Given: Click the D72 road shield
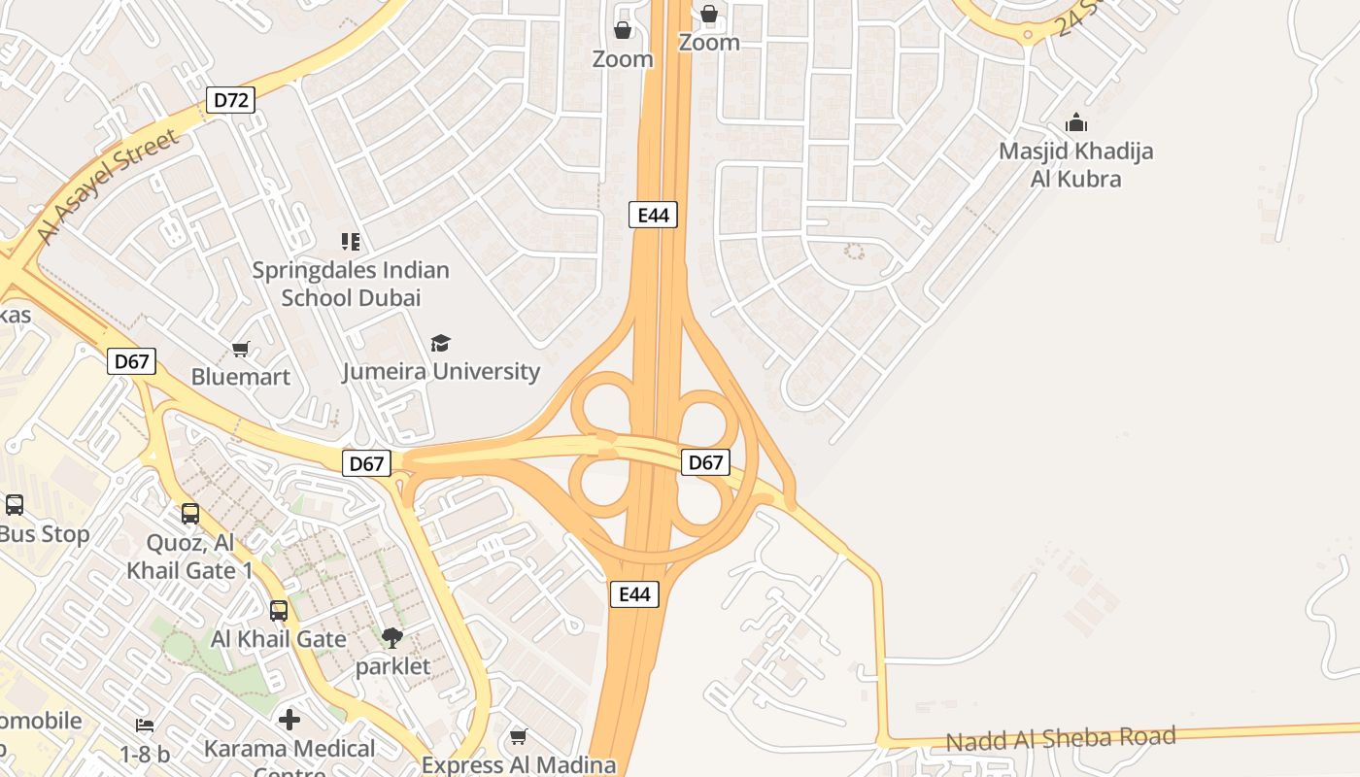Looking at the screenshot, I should tap(230, 99).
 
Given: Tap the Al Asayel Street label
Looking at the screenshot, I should tap(108, 186).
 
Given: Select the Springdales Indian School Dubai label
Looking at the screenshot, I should tap(351, 284).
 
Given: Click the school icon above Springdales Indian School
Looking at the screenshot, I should tap(350, 241).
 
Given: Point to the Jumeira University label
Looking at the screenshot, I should tap(441, 371).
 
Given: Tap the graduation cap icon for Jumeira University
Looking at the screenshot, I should tap(441, 343).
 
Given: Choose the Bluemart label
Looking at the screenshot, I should tap(240, 377).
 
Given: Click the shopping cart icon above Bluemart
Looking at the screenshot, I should tap(240, 349).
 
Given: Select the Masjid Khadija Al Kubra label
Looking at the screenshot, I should tap(1075, 165).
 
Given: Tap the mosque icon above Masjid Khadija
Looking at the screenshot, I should tap(1075, 123).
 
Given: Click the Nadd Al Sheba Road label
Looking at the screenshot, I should tap(1061, 739).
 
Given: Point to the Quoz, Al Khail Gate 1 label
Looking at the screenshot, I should tap(189, 556).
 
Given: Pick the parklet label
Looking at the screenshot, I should tap(392, 666).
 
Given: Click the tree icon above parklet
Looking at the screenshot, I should tap(392, 638).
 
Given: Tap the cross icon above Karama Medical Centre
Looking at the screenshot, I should tap(289, 721).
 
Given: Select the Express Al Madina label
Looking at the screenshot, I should tap(518, 764).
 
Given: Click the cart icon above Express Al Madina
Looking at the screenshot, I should tap(519, 737).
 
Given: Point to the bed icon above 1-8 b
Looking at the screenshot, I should tap(145, 726).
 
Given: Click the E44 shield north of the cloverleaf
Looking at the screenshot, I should tap(653, 215).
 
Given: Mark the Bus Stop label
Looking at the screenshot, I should tap(45, 534).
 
